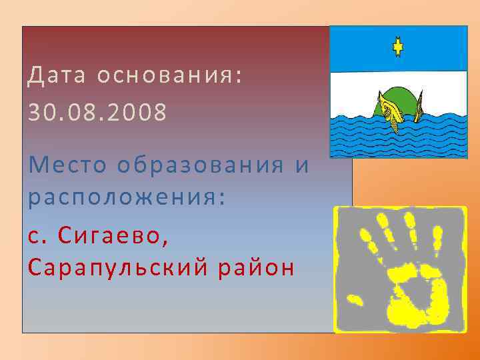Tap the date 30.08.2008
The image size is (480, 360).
(97, 112)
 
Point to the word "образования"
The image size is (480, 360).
(200, 164)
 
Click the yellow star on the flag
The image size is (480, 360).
(398, 47)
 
